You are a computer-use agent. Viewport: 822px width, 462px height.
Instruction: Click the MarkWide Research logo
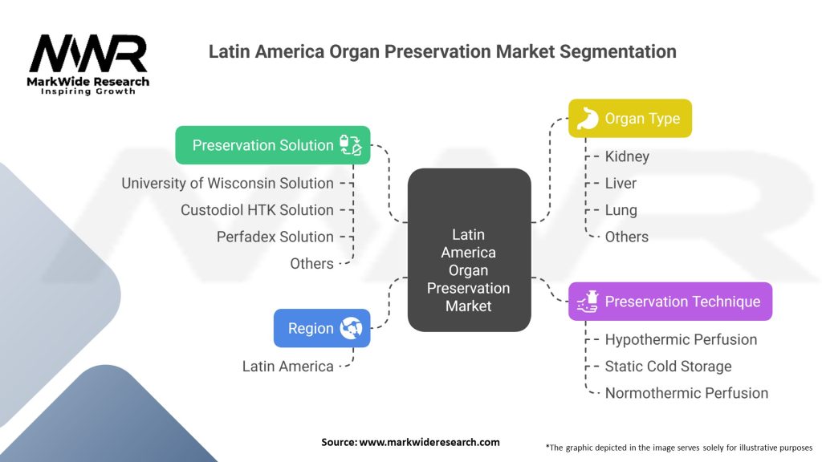pos(88,64)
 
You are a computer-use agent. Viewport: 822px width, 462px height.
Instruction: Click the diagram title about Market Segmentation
pos(442,52)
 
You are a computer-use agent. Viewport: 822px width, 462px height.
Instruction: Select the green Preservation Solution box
pos(273,145)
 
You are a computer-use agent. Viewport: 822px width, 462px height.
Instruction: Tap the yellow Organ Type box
pos(629,119)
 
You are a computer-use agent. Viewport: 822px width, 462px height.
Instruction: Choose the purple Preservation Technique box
pos(670,302)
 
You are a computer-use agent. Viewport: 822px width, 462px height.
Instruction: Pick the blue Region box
pos(321,328)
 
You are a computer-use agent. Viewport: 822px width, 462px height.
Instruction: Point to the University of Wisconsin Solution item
pos(227,183)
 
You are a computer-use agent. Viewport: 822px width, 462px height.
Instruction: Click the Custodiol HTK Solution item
pos(257,210)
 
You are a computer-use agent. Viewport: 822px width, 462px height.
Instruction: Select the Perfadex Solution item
pos(275,237)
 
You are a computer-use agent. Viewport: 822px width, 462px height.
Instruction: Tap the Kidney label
pos(627,156)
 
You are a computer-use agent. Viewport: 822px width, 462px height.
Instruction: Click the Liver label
pos(621,183)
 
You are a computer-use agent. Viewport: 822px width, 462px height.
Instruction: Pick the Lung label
pos(621,210)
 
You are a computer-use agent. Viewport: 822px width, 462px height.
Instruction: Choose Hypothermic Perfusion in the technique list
pos(681,339)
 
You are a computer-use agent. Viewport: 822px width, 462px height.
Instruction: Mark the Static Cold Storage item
pos(668,367)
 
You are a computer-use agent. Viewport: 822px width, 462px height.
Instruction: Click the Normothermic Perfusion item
pos(686,393)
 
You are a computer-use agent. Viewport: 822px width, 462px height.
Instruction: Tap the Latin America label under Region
pos(287,367)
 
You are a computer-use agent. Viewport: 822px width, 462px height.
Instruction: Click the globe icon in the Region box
pos(351,328)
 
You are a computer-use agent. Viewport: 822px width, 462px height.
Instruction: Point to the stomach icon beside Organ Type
pos(588,119)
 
